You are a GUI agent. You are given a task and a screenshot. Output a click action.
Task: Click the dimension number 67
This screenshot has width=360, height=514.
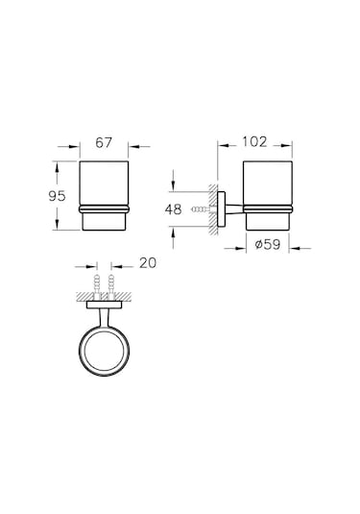point(104,143)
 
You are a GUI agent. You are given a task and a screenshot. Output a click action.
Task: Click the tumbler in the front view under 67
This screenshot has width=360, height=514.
point(104,196)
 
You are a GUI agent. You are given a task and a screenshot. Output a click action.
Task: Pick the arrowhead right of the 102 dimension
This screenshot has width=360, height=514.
point(290,146)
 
